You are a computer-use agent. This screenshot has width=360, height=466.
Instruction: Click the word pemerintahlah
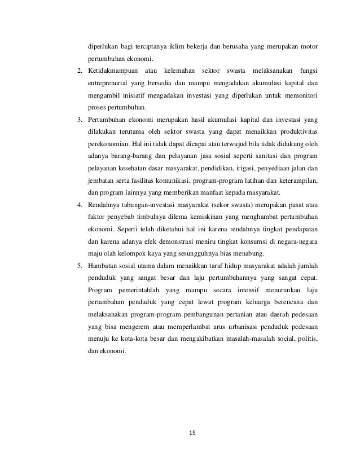click(134, 290)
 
